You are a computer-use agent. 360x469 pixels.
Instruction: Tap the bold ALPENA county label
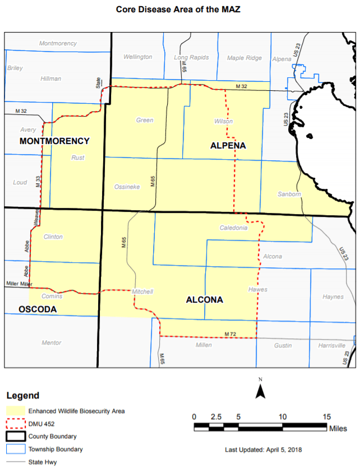[228, 146]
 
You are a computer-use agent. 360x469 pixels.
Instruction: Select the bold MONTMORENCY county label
[54, 141]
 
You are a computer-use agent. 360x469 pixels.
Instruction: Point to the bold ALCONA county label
[204, 300]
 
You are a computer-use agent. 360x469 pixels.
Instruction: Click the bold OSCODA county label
[38, 309]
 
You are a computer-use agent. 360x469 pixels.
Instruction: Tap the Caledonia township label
[233, 228]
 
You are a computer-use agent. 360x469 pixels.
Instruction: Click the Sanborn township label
[289, 194]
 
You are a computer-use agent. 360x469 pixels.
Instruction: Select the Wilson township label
[223, 121]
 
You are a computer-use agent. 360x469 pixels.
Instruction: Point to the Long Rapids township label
[191, 57]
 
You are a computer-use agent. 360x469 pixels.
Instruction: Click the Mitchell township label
[142, 291]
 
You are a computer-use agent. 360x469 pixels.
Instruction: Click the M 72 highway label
[230, 334]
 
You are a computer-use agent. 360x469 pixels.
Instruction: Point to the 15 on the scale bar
[326, 416]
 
